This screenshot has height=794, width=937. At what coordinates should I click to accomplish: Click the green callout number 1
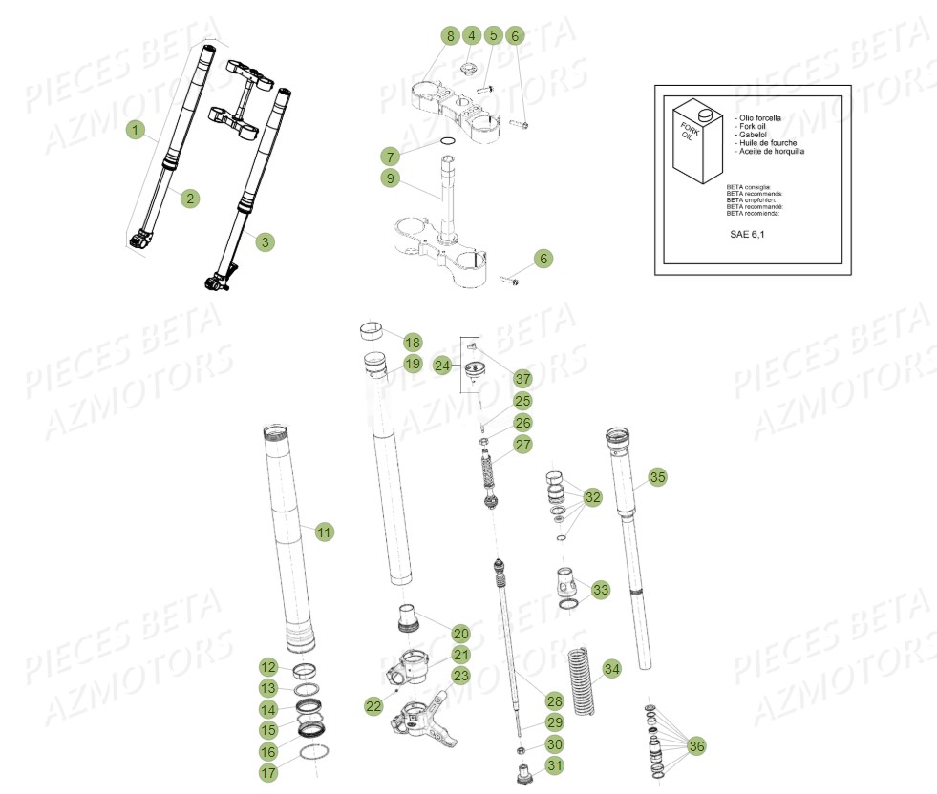[136, 128]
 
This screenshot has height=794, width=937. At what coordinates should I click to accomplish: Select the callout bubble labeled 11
[325, 533]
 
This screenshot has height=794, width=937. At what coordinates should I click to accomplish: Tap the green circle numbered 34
[611, 669]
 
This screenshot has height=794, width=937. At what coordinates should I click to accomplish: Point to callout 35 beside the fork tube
[656, 476]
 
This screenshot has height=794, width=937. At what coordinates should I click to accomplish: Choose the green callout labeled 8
[450, 36]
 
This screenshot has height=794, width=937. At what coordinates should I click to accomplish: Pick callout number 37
[522, 379]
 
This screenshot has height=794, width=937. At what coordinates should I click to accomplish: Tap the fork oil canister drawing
[694, 143]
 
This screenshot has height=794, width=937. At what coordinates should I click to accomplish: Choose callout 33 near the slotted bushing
[600, 591]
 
